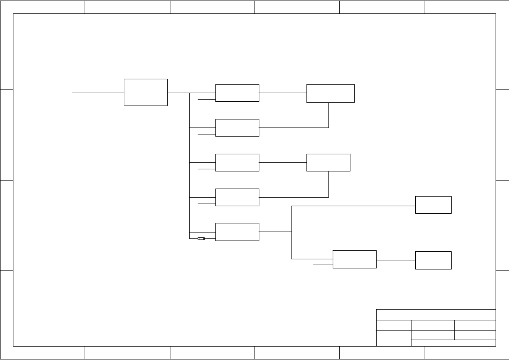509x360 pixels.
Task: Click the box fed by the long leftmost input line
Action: point(146,92)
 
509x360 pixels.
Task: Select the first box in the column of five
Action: point(237,93)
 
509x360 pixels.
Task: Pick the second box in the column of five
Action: point(237,127)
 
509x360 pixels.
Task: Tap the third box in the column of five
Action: point(237,162)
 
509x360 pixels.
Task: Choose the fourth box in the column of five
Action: point(237,197)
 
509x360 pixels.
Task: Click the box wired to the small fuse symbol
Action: point(237,232)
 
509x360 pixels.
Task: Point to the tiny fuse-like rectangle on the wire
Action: point(201,239)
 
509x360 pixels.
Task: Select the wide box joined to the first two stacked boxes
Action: point(330,93)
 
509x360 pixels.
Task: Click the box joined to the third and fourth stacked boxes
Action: point(328,162)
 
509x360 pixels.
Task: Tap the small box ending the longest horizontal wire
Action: point(433,205)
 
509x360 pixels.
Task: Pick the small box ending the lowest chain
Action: point(433,260)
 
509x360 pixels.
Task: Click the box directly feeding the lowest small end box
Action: point(354,259)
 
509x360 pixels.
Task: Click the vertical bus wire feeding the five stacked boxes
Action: point(190,161)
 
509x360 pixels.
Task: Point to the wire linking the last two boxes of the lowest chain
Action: point(395,260)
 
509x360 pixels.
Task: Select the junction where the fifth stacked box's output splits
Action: point(291,231)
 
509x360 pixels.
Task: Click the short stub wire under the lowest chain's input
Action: point(323,265)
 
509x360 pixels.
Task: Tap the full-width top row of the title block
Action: point(436,314)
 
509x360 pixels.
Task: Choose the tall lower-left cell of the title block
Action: point(393,338)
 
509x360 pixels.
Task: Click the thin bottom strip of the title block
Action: point(453,343)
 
